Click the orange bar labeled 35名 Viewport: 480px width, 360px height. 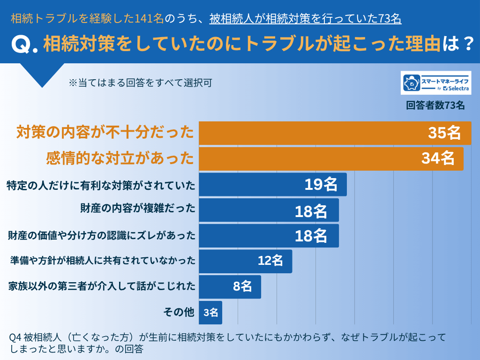(x=335, y=133)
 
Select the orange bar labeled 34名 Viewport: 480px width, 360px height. (x=331, y=158)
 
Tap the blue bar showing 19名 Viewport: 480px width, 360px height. (x=272, y=184)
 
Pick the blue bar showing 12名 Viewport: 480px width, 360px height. (x=245, y=261)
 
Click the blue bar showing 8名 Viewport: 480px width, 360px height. (x=230, y=287)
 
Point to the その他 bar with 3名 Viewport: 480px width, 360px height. (x=210, y=312)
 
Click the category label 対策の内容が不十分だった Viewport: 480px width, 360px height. (x=105, y=133)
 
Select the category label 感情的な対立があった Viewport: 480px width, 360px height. (x=120, y=158)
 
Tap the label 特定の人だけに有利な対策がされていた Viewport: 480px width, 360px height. (x=101, y=185)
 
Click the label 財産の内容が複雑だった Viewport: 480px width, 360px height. (x=138, y=209)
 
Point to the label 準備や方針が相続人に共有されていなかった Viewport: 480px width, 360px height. (x=103, y=261)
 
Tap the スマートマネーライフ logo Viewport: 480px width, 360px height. (x=436, y=83)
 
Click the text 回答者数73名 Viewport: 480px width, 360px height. (x=435, y=105)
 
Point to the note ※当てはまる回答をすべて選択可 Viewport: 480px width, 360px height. (x=141, y=83)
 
